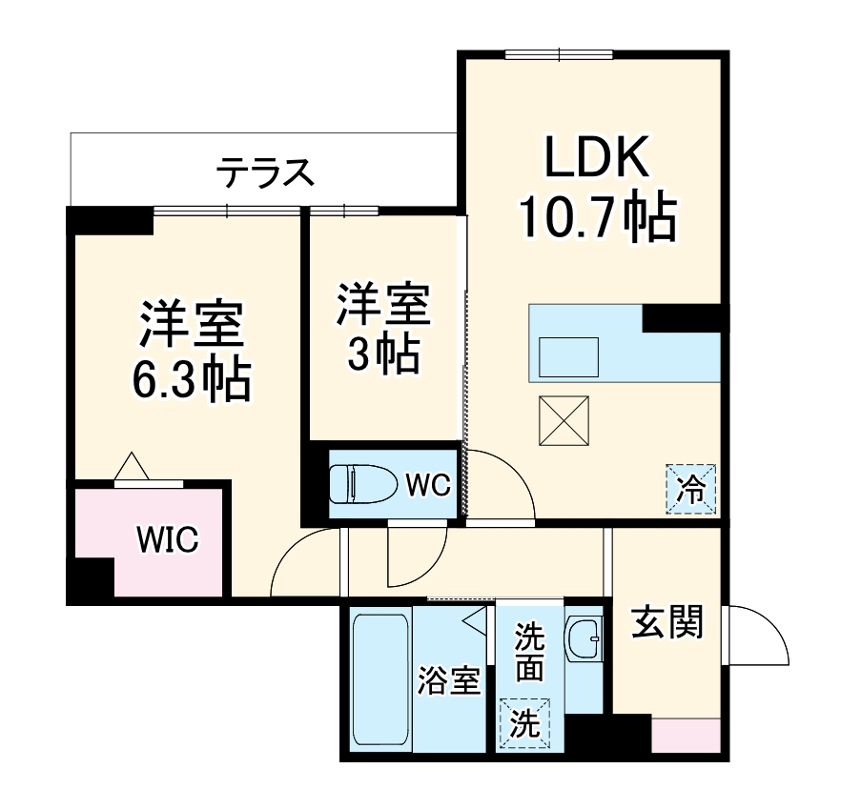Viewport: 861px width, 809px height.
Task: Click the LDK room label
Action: click(x=597, y=157)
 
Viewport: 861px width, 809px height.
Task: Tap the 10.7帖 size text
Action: click(x=597, y=219)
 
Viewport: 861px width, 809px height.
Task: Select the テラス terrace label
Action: click(x=264, y=173)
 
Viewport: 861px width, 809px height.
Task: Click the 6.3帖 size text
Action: click(x=190, y=380)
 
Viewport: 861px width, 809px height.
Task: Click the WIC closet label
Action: click(x=167, y=539)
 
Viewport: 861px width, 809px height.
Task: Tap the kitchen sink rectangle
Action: click(x=569, y=357)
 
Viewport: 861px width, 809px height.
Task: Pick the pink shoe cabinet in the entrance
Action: click(x=686, y=737)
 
